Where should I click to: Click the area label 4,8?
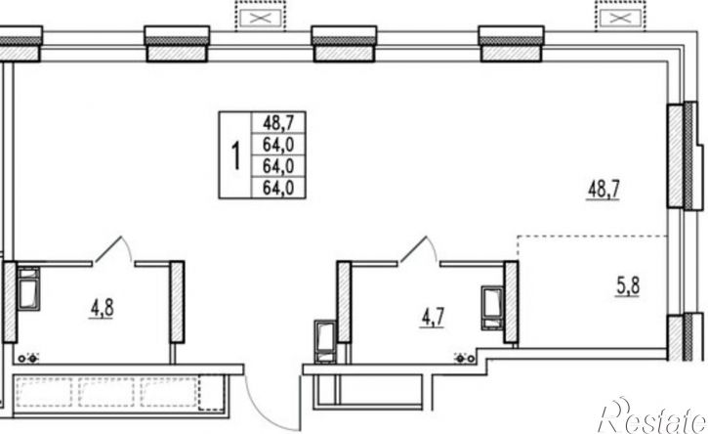click(102, 310)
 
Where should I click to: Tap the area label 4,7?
click(433, 318)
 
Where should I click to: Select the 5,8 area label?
click(628, 286)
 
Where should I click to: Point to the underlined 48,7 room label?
click(604, 190)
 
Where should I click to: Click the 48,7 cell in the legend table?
click(278, 122)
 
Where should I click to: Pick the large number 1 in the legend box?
click(235, 155)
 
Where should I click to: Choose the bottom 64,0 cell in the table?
click(278, 188)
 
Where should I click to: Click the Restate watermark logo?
click(651, 416)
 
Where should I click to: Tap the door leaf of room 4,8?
click(108, 248)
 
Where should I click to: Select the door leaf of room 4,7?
click(413, 248)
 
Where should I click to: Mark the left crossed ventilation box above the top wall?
click(261, 19)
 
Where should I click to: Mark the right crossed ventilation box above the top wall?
click(620, 19)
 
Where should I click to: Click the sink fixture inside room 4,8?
click(28, 289)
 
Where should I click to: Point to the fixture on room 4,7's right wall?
click(492, 308)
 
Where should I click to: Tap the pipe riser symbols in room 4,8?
click(27, 359)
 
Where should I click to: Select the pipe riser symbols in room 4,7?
click(465, 359)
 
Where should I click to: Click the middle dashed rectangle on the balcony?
click(106, 392)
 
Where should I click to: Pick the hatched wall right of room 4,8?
click(177, 302)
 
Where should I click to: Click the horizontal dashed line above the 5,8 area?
click(593, 236)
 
